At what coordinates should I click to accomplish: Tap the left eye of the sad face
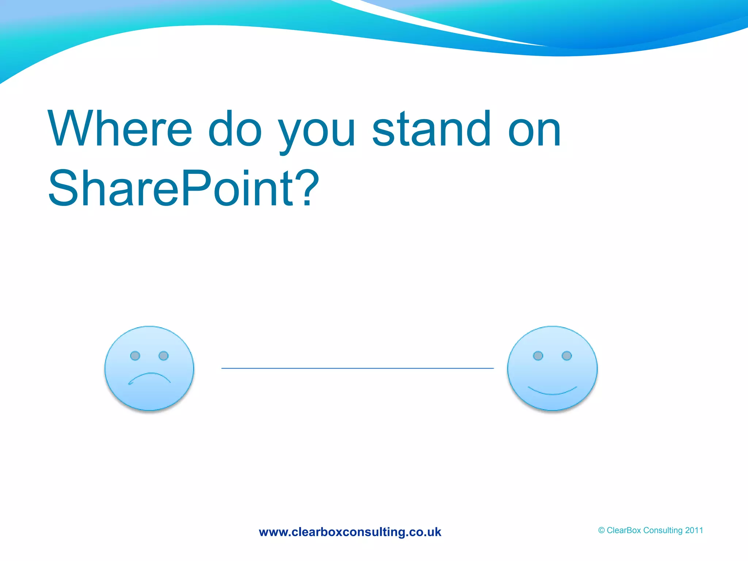(x=135, y=356)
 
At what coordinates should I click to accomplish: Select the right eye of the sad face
(x=164, y=356)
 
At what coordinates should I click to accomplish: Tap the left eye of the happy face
(x=538, y=356)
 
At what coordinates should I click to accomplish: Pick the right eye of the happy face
(x=566, y=356)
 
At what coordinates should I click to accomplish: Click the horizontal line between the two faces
(x=358, y=368)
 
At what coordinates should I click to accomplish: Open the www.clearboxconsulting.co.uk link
(x=350, y=532)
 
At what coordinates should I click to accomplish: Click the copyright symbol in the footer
(x=601, y=530)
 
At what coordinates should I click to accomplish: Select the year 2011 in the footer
(x=694, y=530)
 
